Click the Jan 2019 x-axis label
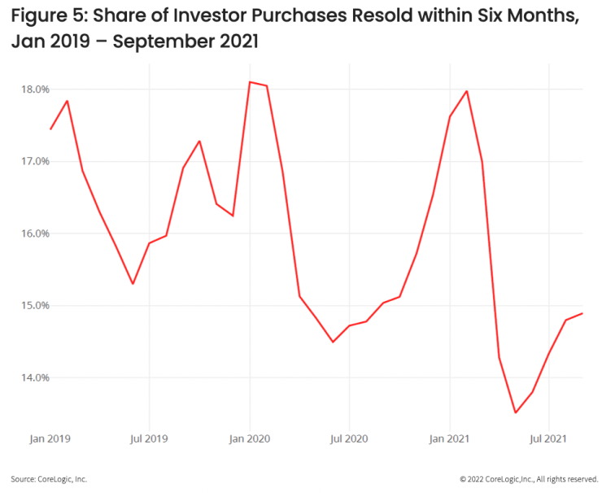click(50, 439)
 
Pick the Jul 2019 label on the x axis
click(149, 439)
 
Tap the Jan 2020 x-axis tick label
click(250, 439)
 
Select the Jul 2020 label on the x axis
click(349, 439)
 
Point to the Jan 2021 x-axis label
click(450, 439)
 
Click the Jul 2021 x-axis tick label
click(550, 439)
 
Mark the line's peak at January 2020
click(250, 82)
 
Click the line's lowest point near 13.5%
click(515, 412)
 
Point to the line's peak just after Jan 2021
click(467, 90)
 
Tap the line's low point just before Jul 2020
click(333, 342)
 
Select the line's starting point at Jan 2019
click(50, 129)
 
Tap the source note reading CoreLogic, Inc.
click(49, 479)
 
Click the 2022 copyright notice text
click(529, 479)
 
